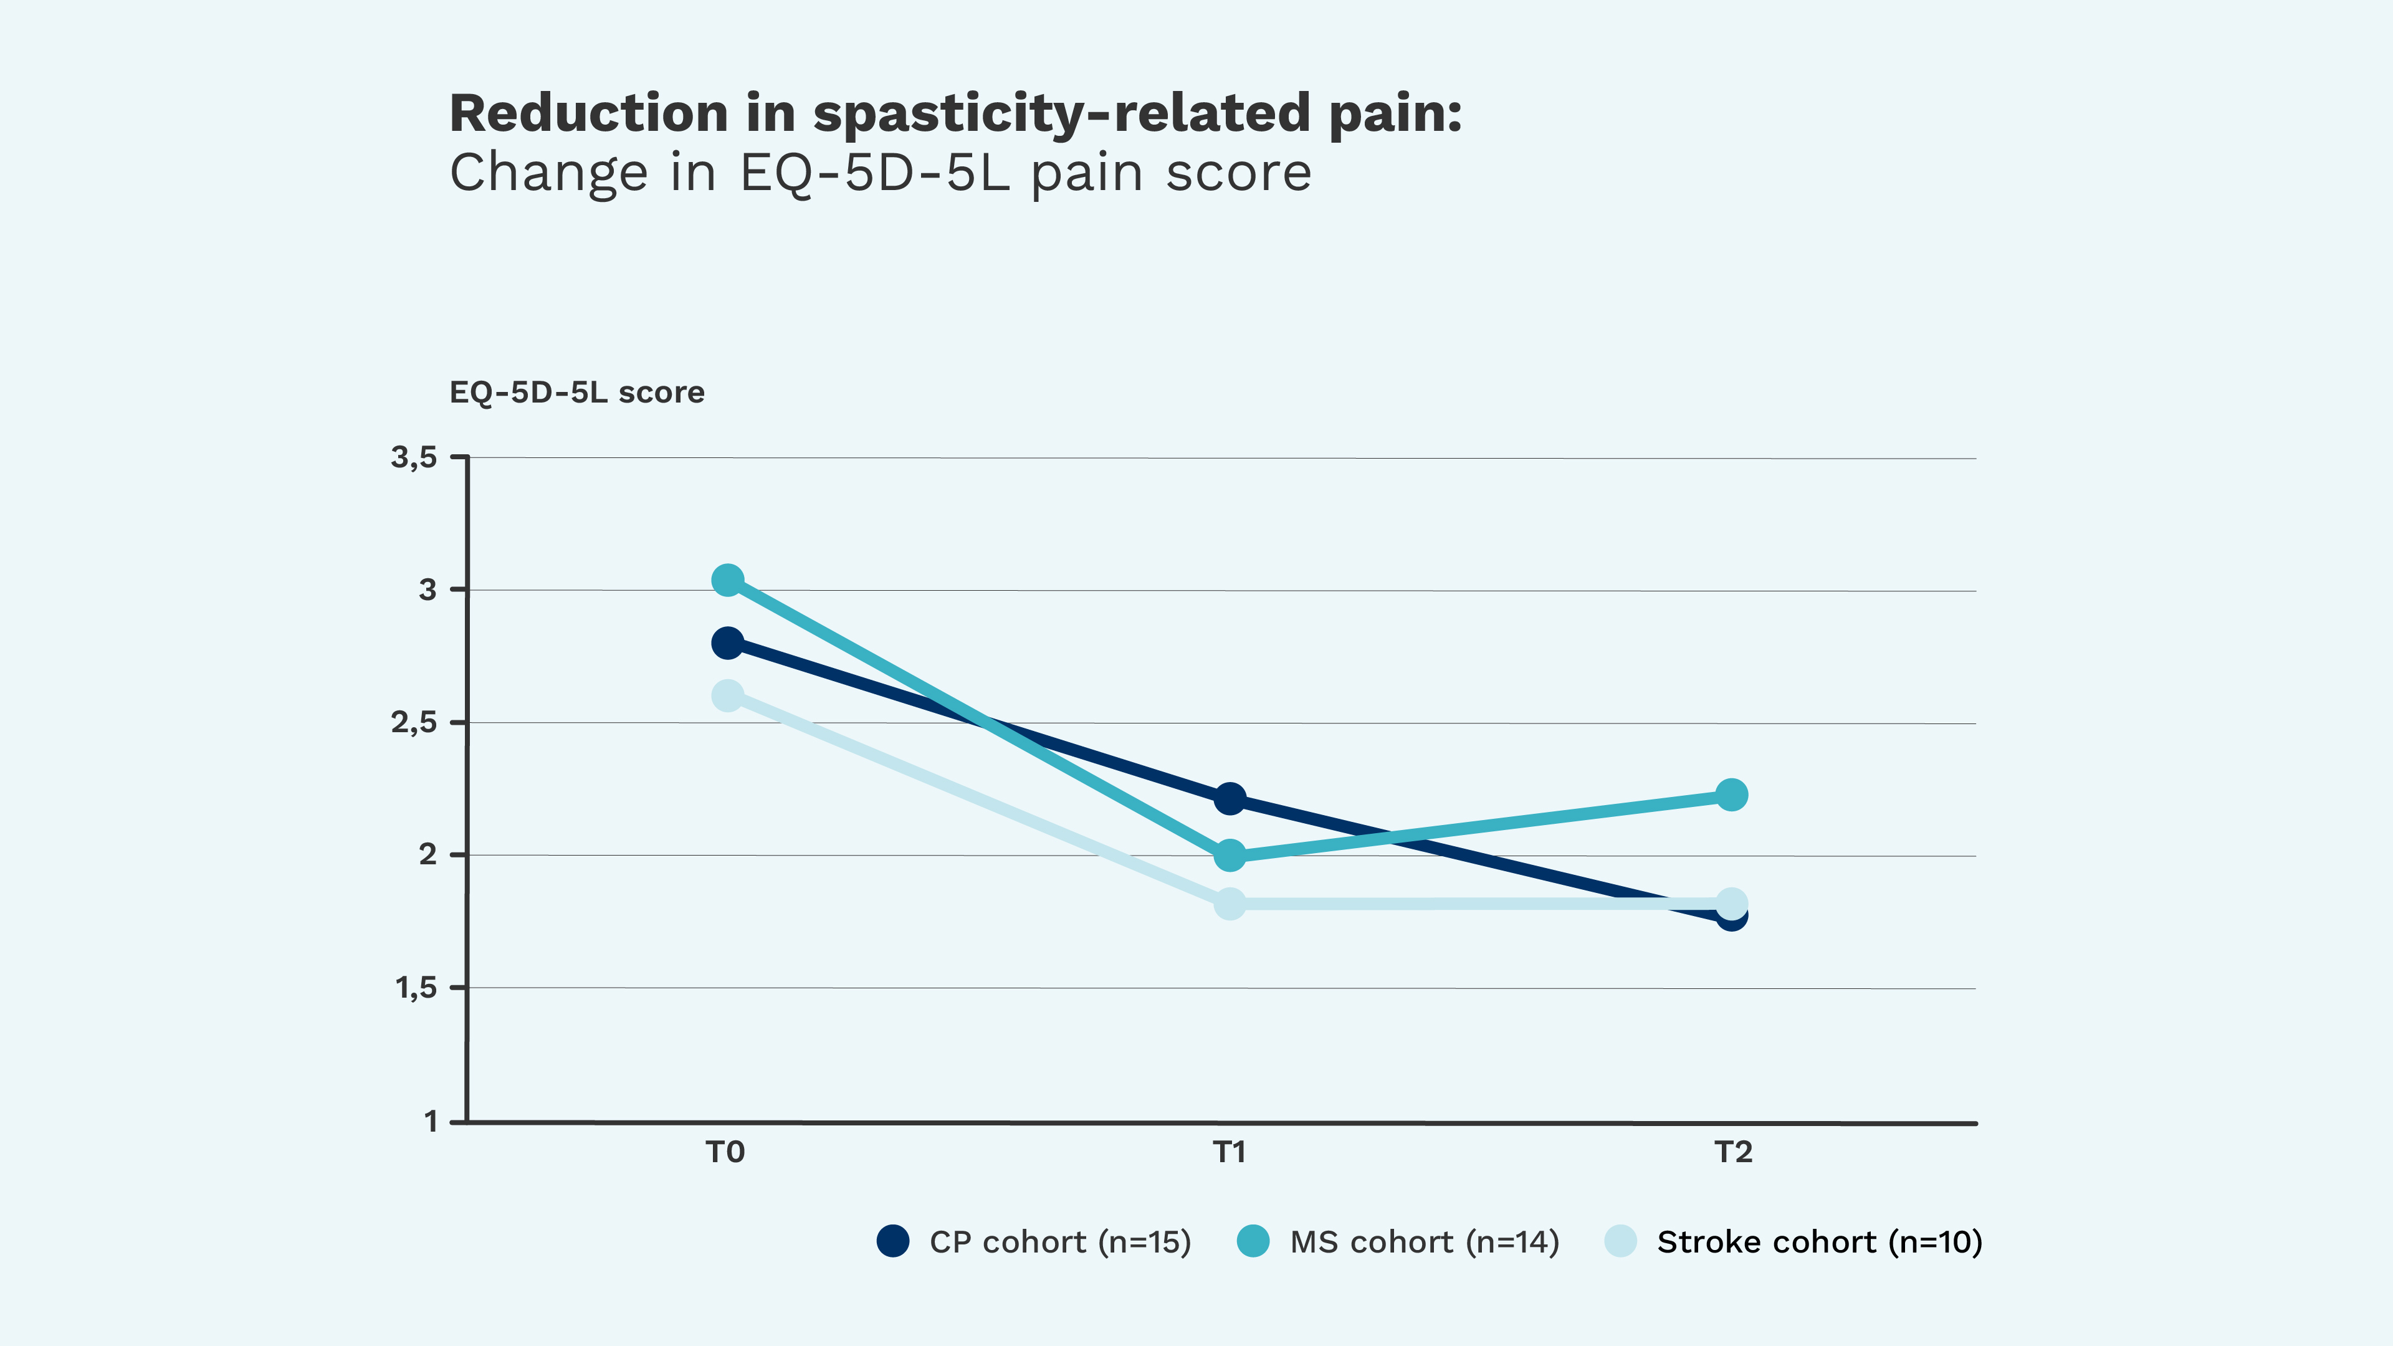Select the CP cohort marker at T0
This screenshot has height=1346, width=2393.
(727, 643)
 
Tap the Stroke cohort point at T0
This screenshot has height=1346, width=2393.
(727, 696)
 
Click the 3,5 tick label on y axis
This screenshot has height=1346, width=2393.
(413, 457)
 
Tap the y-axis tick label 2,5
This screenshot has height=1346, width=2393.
(413, 723)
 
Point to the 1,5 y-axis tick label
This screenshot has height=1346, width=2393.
(415, 988)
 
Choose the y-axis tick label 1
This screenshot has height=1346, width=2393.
(430, 1121)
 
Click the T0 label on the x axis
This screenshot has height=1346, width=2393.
(725, 1153)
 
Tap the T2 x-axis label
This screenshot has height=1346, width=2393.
(1732, 1153)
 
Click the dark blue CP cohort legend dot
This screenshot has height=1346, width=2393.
(893, 1241)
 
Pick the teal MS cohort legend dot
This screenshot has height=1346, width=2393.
(1253, 1241)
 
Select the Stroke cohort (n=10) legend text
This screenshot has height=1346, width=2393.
(1819, 1242)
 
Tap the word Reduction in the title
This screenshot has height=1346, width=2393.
(588, 113)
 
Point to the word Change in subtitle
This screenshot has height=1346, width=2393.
(548, 174)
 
